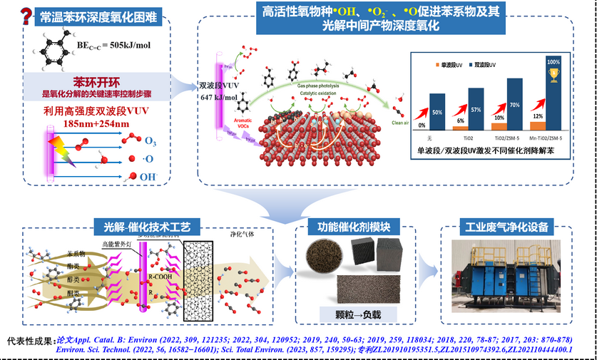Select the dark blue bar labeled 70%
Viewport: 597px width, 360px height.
tap(514, 100)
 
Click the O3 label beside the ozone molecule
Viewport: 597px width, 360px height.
tap(150, 141)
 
